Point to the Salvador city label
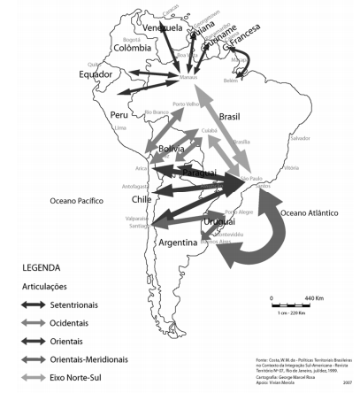pyautogui.click(x=301, y=138)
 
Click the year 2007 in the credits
pyautogui.click(x=349, y=386)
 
